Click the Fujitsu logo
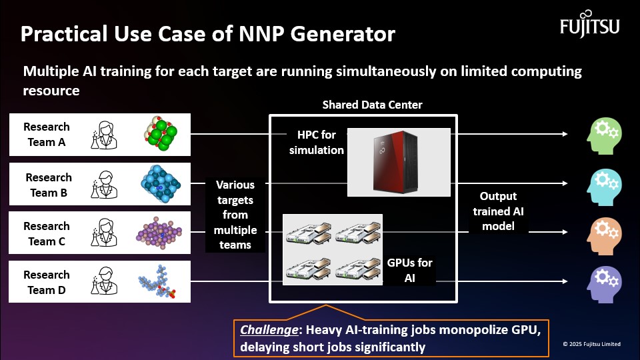589,24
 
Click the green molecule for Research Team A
161,133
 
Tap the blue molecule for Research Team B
161,183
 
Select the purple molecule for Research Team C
159,233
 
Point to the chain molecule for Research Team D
157,281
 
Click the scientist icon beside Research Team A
104,135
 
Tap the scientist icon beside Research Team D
104,281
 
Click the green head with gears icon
604,136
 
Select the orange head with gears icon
604,236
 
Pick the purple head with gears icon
604,285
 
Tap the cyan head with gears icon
604,187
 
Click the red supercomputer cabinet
395,162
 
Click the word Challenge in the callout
269,329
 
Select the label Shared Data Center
372,105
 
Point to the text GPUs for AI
409,270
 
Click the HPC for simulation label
316,143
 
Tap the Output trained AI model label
498,211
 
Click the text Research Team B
49,185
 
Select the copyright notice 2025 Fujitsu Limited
592,344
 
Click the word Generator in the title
343,34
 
